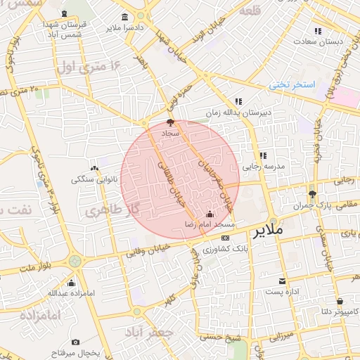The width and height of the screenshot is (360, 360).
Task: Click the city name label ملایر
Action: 269,230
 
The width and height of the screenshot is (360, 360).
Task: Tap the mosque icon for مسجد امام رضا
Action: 209,214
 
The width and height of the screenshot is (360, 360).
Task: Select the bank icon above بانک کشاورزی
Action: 224,238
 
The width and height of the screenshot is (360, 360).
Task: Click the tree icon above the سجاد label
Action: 171,122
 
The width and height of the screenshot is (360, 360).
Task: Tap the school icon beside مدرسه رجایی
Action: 263,155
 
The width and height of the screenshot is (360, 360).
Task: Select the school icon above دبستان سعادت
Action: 317,30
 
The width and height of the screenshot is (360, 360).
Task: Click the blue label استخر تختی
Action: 292,85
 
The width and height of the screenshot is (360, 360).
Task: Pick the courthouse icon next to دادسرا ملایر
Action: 124,18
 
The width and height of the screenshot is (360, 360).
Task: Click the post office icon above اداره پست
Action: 282,280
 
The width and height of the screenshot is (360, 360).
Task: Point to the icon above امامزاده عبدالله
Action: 71,283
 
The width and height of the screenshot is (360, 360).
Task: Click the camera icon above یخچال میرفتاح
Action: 75,342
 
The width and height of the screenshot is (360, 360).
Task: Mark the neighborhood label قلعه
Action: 250,10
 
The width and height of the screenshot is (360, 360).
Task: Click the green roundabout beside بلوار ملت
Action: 75,262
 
